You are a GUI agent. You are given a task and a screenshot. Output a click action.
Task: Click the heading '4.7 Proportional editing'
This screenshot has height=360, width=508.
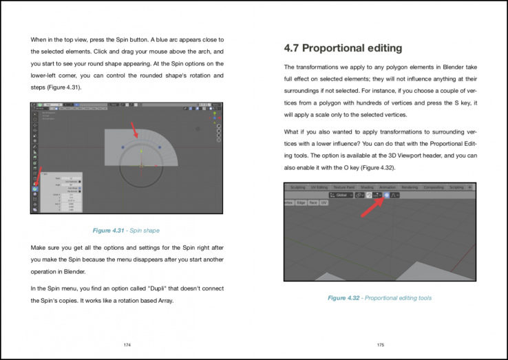click(343, 48)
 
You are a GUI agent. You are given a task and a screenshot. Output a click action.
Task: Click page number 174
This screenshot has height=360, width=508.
click(127, 343)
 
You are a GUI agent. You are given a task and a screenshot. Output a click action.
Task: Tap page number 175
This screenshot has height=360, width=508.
click(381, 343)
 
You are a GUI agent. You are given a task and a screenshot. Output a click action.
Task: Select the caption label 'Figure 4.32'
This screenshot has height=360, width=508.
click(346, 297)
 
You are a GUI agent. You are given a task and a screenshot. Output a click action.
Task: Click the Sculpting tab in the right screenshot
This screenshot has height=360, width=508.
click(297, 187)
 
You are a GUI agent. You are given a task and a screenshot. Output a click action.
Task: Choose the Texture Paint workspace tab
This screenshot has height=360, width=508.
click(343, 187)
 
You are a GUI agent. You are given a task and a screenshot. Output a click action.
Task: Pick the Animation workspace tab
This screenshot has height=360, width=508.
click(388, 187)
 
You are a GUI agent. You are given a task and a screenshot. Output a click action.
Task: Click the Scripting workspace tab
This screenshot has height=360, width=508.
click(456, 187)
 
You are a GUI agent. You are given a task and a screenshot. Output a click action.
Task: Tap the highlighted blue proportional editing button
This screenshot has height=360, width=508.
click(387, 195)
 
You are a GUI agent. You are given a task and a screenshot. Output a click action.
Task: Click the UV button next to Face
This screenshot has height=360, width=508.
click(324, 203)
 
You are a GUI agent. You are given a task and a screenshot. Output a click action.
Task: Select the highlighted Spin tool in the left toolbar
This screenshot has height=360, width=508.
click(34, 187)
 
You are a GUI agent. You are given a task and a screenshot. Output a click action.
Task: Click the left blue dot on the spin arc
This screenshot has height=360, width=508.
click(123, 147)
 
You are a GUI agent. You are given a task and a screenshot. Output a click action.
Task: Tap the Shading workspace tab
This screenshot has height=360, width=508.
click(368, 187)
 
